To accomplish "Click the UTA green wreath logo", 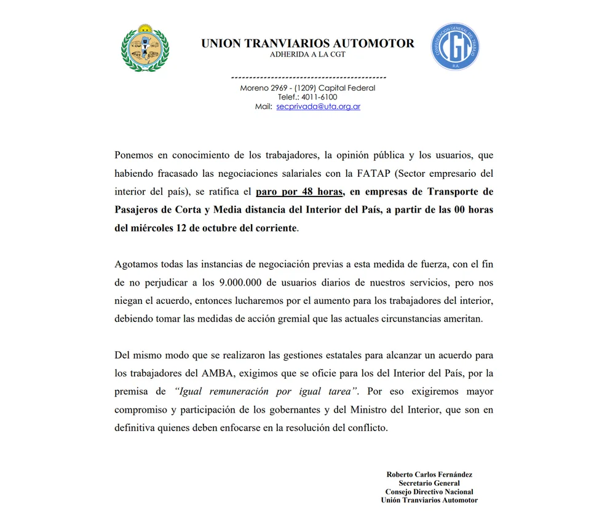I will [145, 47].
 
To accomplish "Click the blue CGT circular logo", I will [455, 47].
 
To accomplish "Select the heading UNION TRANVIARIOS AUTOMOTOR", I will [307, 44].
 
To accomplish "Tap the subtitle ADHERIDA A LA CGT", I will [307, 55].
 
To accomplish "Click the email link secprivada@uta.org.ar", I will [318, 106].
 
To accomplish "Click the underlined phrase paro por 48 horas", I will [299, 192].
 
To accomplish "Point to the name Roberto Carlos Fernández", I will [429, 475].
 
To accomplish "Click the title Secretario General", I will [429, 483].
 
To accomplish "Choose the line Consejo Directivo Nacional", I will [429, 492].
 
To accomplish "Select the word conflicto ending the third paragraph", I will [366, 428].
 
